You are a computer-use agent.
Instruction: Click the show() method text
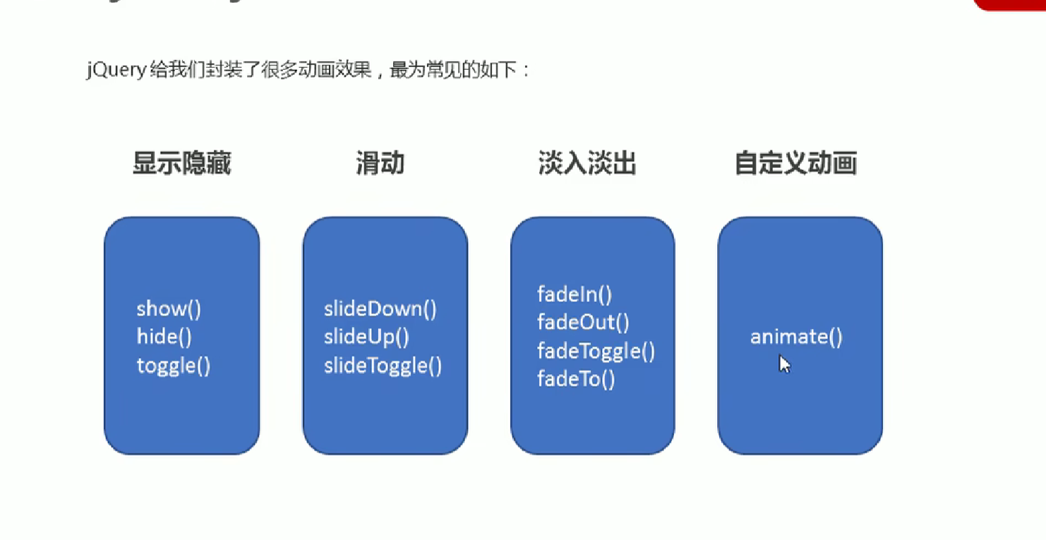[x=169, y=308]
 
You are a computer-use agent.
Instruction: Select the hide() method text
[x=164, y=337]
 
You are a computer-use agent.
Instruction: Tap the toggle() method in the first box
[x=174, y=366]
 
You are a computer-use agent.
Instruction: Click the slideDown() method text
[x=380, y=308]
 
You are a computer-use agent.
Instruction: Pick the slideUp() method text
[x=366, y=337]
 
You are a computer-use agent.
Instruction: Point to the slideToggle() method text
[x=383, y=366]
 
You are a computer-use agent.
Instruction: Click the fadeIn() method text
[x=575, y=294]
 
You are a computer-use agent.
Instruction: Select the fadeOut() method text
[x=583, y=323]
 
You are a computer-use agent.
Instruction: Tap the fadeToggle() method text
[x=596, y=351]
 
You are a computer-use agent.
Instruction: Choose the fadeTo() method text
[x=576, y=379]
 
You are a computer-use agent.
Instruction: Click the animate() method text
[x=796, y=337]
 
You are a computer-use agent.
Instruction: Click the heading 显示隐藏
[x=182, y=164]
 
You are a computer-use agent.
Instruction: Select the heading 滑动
[x=380, y=164]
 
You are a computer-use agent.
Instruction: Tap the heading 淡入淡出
[x=587, y=164]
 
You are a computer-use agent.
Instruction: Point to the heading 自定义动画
[x=796, y=164]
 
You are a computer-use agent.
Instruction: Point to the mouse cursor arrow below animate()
[x=784, y=364]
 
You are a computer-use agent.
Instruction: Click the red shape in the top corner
[x=1009, y=4]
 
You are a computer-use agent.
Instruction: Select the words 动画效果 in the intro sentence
[x=322, y=71]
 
